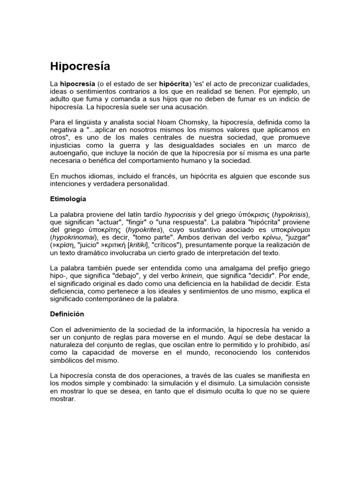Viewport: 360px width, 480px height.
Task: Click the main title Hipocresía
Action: [x=80, y=66]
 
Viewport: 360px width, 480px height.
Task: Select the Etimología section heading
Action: [x=68, y=199]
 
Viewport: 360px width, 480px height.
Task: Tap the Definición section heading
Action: [x=67, y=314]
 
